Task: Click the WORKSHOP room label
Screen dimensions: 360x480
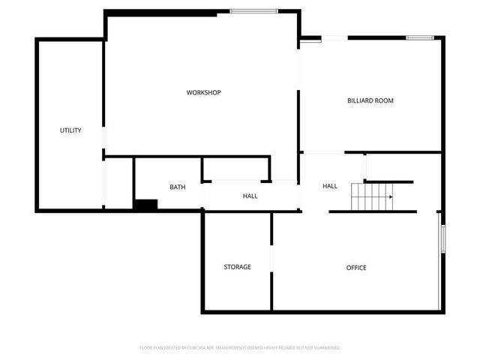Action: (203, 92)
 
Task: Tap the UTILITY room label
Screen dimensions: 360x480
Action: (70, 130)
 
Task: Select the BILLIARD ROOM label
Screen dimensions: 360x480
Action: (370, 100)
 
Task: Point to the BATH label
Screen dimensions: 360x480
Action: (177, 187)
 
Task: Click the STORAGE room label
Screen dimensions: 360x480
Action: (237, 267)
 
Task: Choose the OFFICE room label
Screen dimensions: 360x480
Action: (356, 268)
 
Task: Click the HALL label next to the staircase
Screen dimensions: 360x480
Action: (330, 186)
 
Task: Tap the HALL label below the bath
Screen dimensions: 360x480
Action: (250, 196)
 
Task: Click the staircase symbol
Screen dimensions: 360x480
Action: (373, 197)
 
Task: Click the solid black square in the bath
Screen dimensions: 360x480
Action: (145, 204)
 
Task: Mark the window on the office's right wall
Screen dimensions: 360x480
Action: (442, 238)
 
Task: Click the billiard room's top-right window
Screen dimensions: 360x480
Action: (420, 37)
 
